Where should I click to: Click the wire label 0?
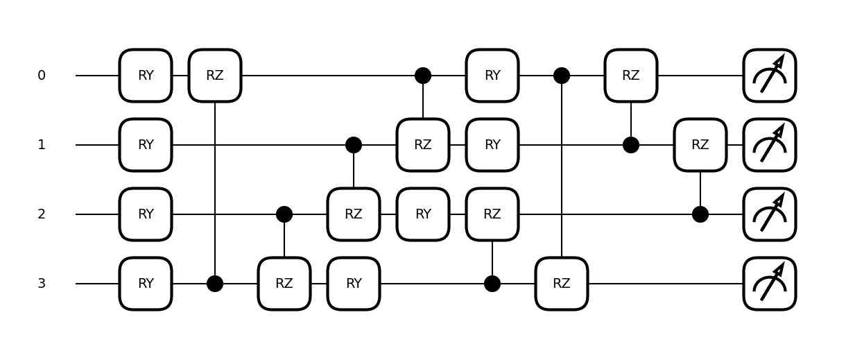[42, 76]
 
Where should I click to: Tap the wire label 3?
[42, 284]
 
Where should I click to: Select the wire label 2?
[42, 214]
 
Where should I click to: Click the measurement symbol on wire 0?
[770, 76]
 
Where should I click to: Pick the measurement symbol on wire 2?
[770, 214]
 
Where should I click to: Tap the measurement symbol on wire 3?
[770, 284]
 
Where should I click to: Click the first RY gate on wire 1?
[146, 145]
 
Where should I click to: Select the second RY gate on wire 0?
[492, 76]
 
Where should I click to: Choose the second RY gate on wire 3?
[354, 284]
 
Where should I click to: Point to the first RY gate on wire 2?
[146, 214]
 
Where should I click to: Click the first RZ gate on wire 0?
[215, 76]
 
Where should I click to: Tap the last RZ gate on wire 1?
[700, 145]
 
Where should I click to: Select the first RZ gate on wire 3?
[284, 284]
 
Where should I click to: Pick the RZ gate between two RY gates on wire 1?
[423, 145]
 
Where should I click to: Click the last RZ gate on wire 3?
[562, 284]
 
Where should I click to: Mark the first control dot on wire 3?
[215, 284]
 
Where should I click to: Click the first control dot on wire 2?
[284, 214]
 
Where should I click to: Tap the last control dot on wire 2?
[700, 214]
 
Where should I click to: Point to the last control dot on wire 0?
[562, 76]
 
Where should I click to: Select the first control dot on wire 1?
[354, 145]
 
